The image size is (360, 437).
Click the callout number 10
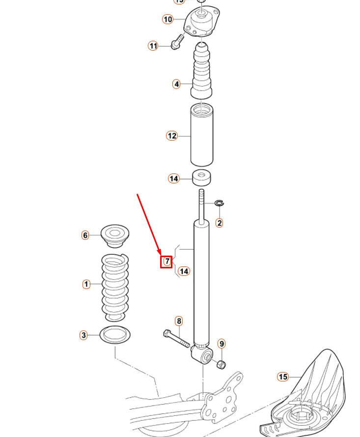point(168,19)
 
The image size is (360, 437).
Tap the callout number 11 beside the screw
point(153,46)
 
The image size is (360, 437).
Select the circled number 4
point(176,84)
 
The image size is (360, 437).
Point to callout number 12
point(171,136)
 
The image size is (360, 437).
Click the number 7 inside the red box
point(167,262)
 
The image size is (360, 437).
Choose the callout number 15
point(283,377)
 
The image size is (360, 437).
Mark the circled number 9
point(222,344)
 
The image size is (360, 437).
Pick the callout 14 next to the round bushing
point(174,178)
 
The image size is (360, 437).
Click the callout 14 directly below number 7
point(184,271)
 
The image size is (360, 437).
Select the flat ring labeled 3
point(115,335)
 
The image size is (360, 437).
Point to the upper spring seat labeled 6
point(115,235)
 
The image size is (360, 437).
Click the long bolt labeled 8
point(176,340)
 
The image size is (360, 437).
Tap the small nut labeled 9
point(221,364)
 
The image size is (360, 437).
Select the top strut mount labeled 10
point(202,20)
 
